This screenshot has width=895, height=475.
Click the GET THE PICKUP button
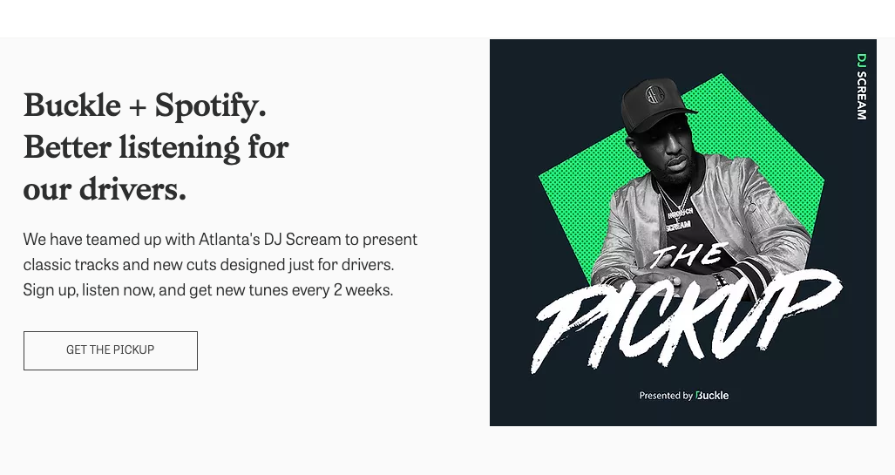pyautogui.click(x=110, y=350)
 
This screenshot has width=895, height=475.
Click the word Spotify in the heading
pyautogui.click(x=209, y=106)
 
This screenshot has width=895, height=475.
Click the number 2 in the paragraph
pyautogui.click(x=338, y=290)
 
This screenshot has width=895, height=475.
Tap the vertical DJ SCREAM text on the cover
pyautogui.click(x=861, y=86)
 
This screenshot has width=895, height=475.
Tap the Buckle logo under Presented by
pyautogui.click(x=712, y=396)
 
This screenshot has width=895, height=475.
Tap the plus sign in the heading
pyautogui.click(x=138, y=107)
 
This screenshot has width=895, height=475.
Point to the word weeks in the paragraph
pyautogui.click(x=369, y=290)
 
